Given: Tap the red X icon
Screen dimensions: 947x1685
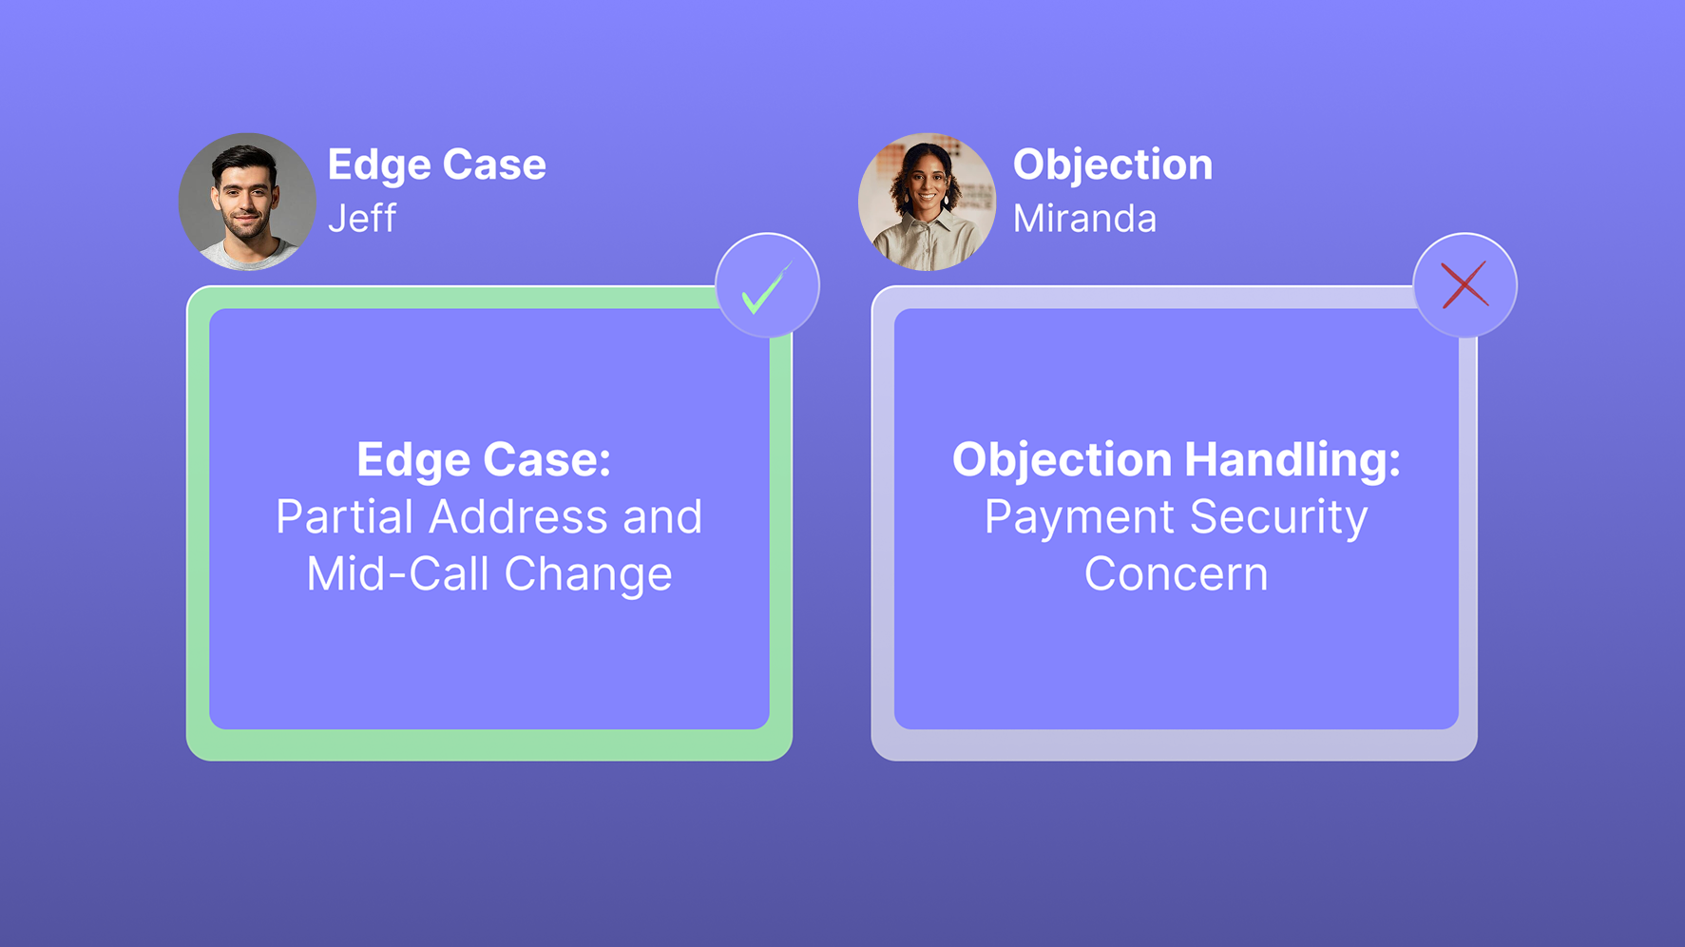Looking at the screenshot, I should click(1465, 285).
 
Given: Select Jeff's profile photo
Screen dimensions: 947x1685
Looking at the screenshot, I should click(247, 202).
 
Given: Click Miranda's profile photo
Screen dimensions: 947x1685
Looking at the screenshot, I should click(927, 202).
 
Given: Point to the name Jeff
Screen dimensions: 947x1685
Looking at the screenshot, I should click(361, 219).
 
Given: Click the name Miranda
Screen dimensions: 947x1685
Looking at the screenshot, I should click(1084, 219).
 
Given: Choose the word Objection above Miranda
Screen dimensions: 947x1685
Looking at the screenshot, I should click(1112, 164).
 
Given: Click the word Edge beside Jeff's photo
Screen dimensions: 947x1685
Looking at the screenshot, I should click(378, 164).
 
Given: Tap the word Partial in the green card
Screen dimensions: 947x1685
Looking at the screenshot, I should click(346, 517).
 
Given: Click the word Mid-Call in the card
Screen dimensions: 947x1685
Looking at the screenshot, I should click(398, 574).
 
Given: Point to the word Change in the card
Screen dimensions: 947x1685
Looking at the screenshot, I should click(587, 574).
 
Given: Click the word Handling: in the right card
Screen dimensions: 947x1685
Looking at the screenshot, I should click(1292, 460).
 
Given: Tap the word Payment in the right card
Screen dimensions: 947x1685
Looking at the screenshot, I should click(1079, 517).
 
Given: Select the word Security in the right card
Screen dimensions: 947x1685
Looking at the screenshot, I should click(1278, 517).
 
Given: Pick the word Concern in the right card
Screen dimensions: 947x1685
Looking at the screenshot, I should click(1176, 574).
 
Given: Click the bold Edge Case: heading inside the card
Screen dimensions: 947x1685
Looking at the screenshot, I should click(484, 460).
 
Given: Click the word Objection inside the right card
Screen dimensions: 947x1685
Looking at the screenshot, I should click(1063, 460).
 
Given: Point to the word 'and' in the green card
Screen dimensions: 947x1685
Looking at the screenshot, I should click(662, 517).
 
